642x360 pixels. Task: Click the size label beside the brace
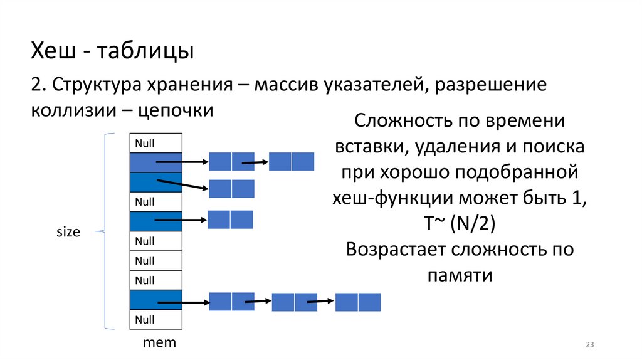(x=68, y=231)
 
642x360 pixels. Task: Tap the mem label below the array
(x=159, y=343)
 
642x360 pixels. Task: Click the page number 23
(x=589, y=345)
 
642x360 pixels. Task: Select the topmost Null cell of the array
(x=155, y=144)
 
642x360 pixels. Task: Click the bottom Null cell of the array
(x=155, y=319)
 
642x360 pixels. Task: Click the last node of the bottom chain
(x=358, y=302)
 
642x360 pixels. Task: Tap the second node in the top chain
(x=291, y=162)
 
